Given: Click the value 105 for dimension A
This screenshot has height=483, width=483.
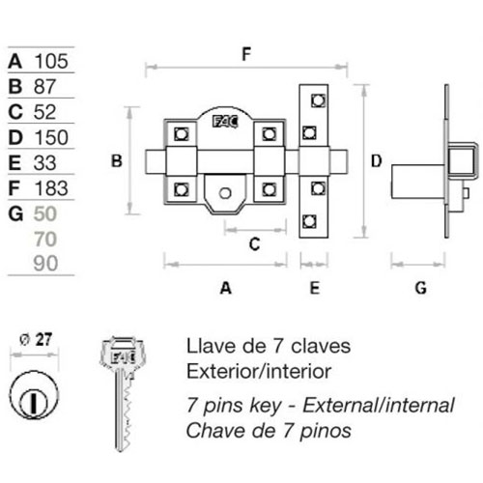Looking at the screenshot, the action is (x=51, y=61).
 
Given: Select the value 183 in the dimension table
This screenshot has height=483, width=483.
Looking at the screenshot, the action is (x=51, y=188).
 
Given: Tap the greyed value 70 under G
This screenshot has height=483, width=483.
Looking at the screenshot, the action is (x=45, y=240).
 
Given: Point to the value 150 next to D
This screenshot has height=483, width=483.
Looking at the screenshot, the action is (x=51, y=137).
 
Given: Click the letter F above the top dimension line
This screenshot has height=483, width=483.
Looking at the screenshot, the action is (x=246, y=54).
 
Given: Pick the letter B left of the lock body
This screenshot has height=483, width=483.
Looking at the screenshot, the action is (x=117, y=161).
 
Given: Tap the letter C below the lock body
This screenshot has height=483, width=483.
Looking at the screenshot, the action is (x=254, y=244).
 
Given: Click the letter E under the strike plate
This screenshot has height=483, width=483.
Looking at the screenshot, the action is (x=315, y=288).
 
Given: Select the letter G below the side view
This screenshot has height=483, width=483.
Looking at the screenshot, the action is (x=420, y=288).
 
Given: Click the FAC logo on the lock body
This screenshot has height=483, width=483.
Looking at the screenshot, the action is (x=225, y=122).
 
